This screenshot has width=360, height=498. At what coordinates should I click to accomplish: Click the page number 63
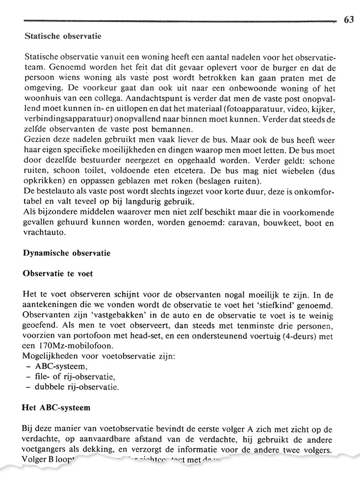pos(349,20)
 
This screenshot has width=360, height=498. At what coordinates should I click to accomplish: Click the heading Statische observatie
pos(62,36)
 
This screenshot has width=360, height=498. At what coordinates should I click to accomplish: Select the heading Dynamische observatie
pos(67,254)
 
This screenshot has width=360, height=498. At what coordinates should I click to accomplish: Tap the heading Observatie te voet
pos(58,274)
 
